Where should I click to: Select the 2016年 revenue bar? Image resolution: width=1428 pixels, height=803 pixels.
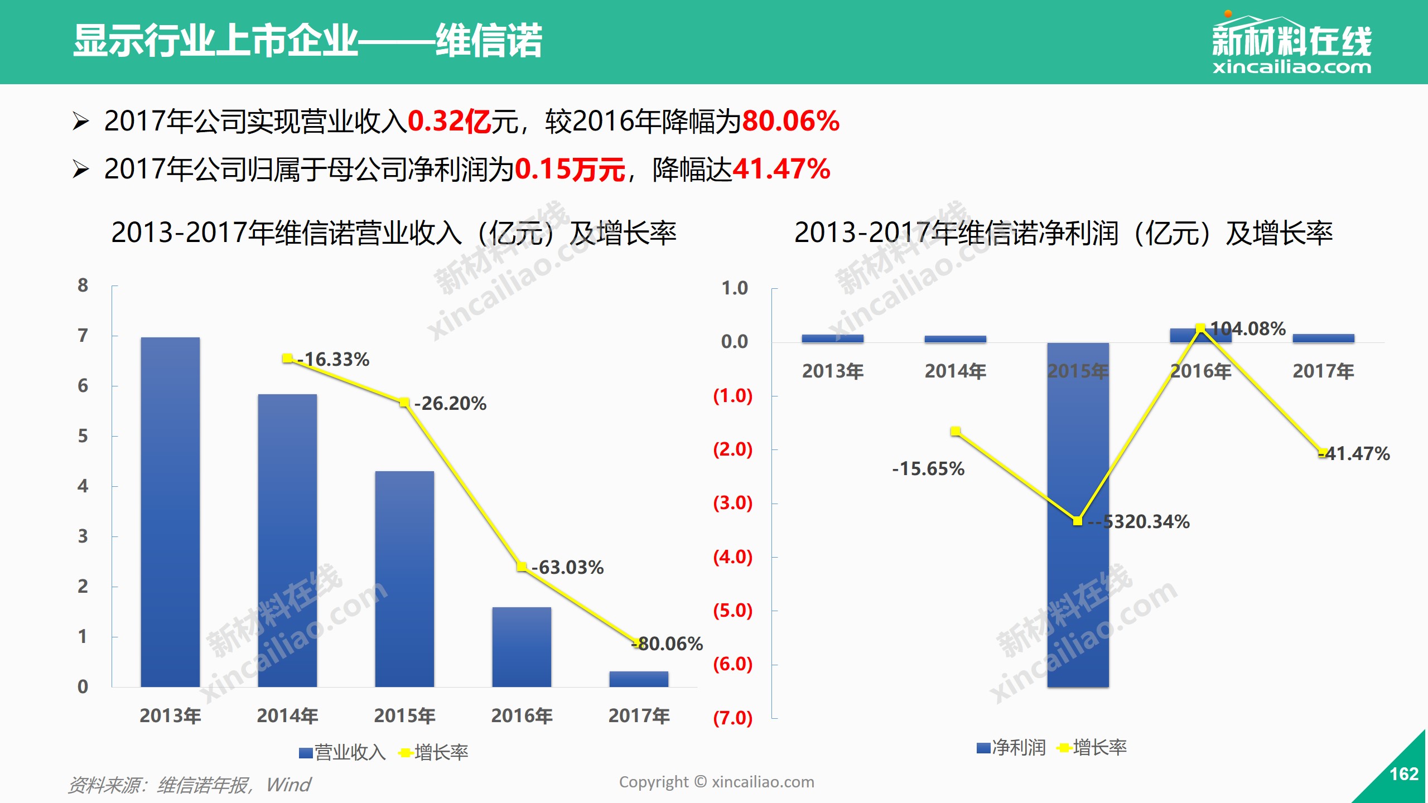point(522,647)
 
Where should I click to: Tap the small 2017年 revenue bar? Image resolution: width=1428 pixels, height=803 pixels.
point(639,679)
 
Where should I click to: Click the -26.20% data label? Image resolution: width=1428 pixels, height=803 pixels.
point(451,403)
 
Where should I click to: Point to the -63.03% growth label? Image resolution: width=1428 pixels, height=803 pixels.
point(568,567)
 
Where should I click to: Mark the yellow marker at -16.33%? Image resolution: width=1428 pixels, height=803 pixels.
point(287,358)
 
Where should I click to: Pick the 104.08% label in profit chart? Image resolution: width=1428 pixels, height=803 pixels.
point(1248,328)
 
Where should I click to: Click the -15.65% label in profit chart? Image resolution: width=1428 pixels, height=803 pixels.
point(928,468)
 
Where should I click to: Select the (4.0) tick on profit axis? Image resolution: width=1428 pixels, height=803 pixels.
point(733,557)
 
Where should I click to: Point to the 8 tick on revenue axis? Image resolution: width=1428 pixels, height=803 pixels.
point(83,285)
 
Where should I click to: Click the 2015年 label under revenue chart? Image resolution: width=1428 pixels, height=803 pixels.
point(404,715)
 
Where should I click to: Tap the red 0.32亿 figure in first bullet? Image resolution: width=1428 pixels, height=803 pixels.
point(450,121)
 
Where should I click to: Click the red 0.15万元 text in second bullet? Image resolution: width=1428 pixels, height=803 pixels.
point(570,170)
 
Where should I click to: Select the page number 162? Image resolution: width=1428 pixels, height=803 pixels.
point(1403,774)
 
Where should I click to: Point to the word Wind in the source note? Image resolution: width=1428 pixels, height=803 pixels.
point(288,785)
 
